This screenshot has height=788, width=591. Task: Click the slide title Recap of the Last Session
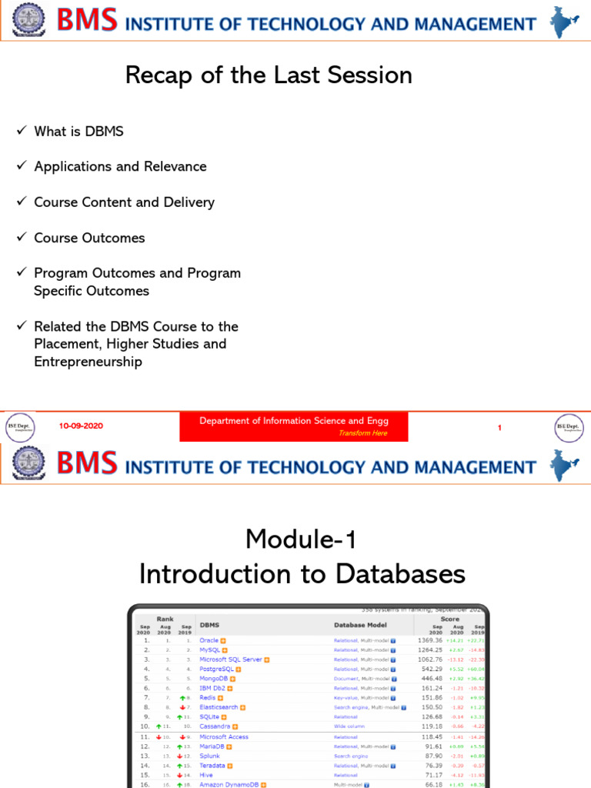coord(269,75)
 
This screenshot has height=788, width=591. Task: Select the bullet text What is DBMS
coord(78,132)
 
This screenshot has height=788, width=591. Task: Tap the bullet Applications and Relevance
coord(120,167)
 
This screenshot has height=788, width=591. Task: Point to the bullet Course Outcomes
coord(89,238)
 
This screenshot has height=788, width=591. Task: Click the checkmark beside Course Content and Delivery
coord(22,202)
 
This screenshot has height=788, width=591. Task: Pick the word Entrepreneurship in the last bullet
coord(88,362)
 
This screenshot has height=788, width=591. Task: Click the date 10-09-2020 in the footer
coord(81,426)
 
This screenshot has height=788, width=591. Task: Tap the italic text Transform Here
coord(362,433)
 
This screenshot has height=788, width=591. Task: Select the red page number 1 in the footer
coord(499,427)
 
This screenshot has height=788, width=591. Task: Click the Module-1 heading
coord(301,539)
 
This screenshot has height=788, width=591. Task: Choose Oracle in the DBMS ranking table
coord(209,640)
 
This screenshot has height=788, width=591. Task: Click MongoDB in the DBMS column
coord(214,679)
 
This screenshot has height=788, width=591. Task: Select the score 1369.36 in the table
coord(430,640)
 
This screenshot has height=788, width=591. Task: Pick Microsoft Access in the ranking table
coord(224,736)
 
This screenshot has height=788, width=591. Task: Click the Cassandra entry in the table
coord(215,726)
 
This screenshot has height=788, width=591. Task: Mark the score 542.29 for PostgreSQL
coord(430,669)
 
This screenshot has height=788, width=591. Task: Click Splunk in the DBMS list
coord(210,756)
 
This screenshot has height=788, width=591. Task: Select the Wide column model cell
coord(350,726)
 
